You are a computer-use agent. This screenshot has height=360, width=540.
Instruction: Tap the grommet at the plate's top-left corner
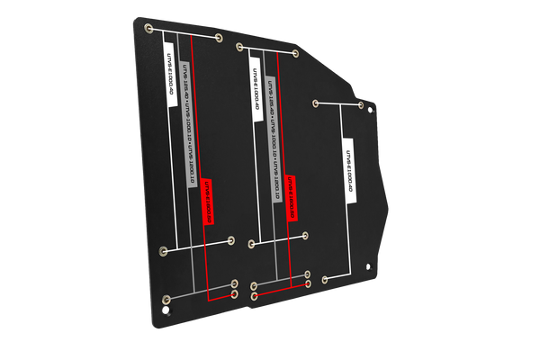click(145, 27)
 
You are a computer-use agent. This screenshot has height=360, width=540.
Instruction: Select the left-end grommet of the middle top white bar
click(238, 46)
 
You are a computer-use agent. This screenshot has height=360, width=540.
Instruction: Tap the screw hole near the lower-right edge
click(372, 265)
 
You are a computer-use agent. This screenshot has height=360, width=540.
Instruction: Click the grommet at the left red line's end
click(234, 293)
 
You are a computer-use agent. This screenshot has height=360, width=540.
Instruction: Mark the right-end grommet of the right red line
click(308, 283)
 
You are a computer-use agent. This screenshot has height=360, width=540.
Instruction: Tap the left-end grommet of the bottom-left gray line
click(164, 299)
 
